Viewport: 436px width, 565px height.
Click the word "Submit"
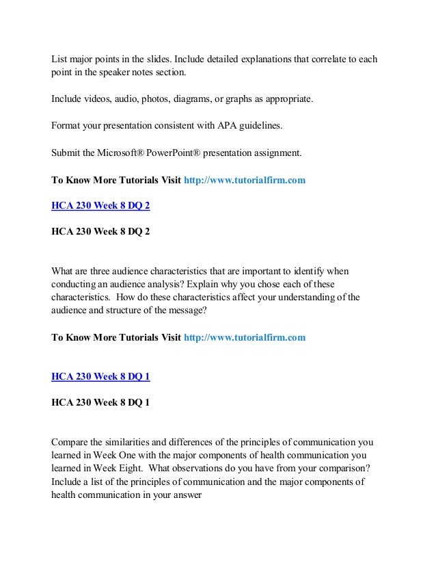click(x=68, y=153)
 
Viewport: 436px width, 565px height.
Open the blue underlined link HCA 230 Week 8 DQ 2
click(x=100, y=205)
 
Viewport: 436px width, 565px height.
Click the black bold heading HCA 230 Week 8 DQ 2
click(x=100, y=231)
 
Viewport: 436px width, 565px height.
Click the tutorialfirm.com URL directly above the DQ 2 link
click(x=245, y=181)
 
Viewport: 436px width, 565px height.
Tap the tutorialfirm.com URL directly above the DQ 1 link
click(x=245, y=337)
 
